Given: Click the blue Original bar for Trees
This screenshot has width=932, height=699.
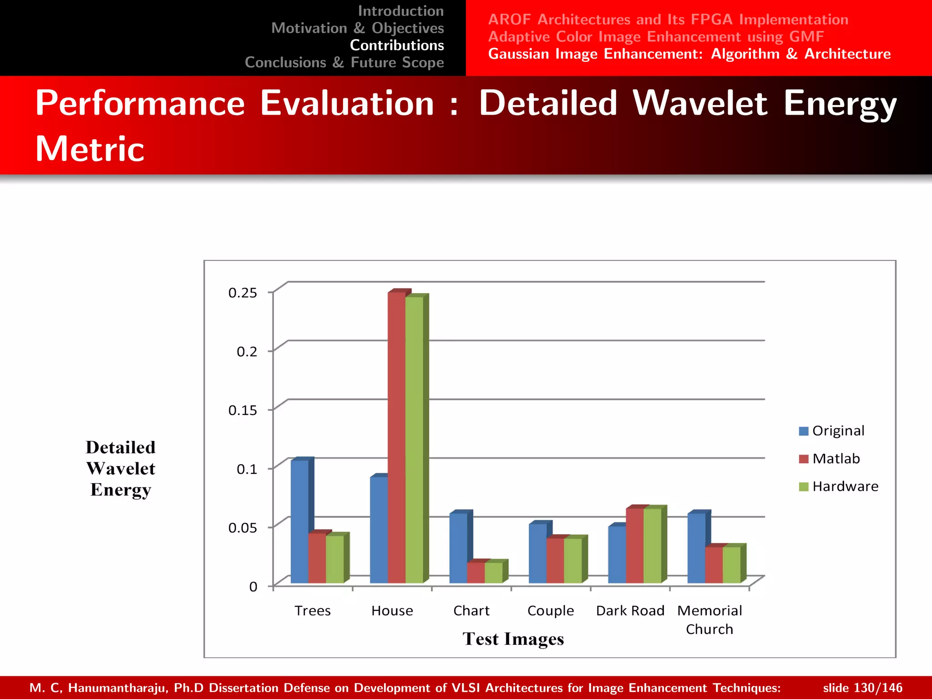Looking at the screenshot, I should click(299, 521).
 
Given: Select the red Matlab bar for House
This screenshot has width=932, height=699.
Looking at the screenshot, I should click(396, 437).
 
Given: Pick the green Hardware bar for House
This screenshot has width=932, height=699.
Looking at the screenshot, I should click(414, 439).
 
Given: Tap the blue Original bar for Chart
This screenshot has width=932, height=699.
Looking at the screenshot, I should click(458, 548).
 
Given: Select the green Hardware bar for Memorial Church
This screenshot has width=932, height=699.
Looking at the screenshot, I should click(731, 565).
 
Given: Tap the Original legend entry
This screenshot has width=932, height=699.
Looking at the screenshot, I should click(831, 431).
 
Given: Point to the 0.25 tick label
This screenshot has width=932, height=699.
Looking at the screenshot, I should click(243, 293).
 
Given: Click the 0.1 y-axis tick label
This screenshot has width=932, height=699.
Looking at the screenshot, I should click(247, 469).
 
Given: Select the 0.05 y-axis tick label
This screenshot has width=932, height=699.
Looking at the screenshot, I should click(243, 528).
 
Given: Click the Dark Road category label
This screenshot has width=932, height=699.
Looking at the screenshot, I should click(630, 611).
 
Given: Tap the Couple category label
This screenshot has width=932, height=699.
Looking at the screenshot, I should click(551, 611).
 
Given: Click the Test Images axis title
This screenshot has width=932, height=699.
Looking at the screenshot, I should click(513, 639).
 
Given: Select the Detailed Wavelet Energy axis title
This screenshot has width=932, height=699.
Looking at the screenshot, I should click(121, 469).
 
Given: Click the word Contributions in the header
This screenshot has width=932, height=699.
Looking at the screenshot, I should click(397, 45).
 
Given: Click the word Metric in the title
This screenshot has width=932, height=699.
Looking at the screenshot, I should click(90, 149).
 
